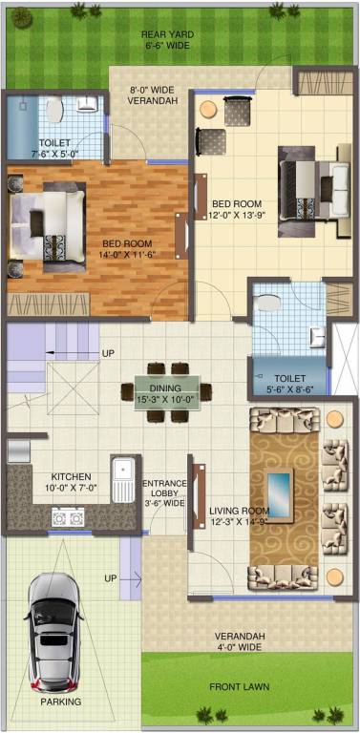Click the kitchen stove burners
(66, 518)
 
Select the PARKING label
(60, 702)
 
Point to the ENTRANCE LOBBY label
(164, 492)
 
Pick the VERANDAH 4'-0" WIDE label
(239, 641)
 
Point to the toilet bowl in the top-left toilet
(53, 110)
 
